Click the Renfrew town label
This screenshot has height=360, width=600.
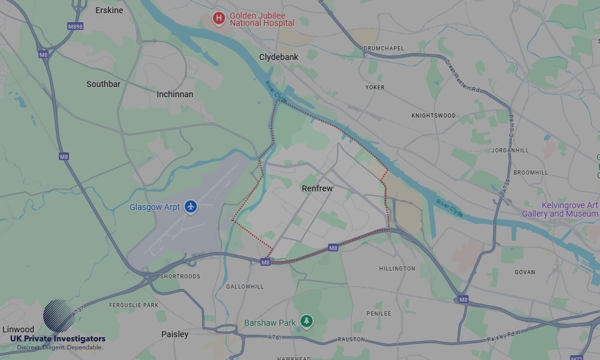(x=317, y=188)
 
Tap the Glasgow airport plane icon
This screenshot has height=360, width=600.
(x=191, y=206)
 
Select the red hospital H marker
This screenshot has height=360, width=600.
(x=218, y=19)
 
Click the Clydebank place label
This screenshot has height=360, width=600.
(x=279, y=57)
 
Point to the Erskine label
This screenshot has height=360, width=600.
(x=109, y=10)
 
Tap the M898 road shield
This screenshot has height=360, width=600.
(x=76, y=26)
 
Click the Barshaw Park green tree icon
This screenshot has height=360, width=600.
(x=307, y=322)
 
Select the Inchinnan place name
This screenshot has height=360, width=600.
(x=175, y=94)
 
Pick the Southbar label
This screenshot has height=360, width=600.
(x=103, y=84)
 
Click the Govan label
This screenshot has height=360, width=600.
(x=524, y=272)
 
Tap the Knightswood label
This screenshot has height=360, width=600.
(x=433, y=115)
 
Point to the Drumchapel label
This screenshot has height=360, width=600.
(x=383, y=48)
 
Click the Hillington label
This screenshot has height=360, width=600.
(x=397, y=268)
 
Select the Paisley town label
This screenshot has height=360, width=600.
(x=175, y=334)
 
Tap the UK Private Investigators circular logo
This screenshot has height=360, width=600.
(x=59, y=316)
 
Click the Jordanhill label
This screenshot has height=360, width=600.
(x=509, y=150)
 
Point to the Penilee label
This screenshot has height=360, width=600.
(x=379, y=313)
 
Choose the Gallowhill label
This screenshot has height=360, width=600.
(x=244, y=287)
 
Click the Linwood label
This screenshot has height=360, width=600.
(x=18, y=329)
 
